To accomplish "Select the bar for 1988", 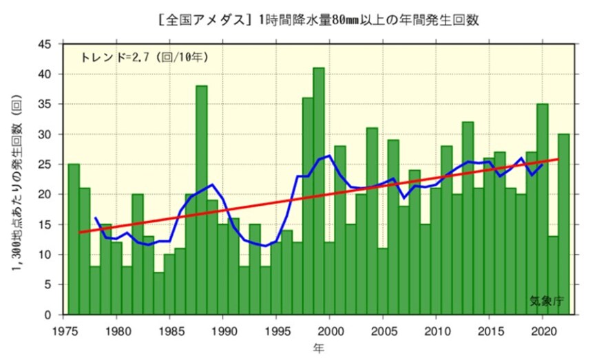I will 202,200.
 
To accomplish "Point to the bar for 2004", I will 372,221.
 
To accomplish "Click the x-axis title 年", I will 319,347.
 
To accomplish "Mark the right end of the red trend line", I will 558,160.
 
